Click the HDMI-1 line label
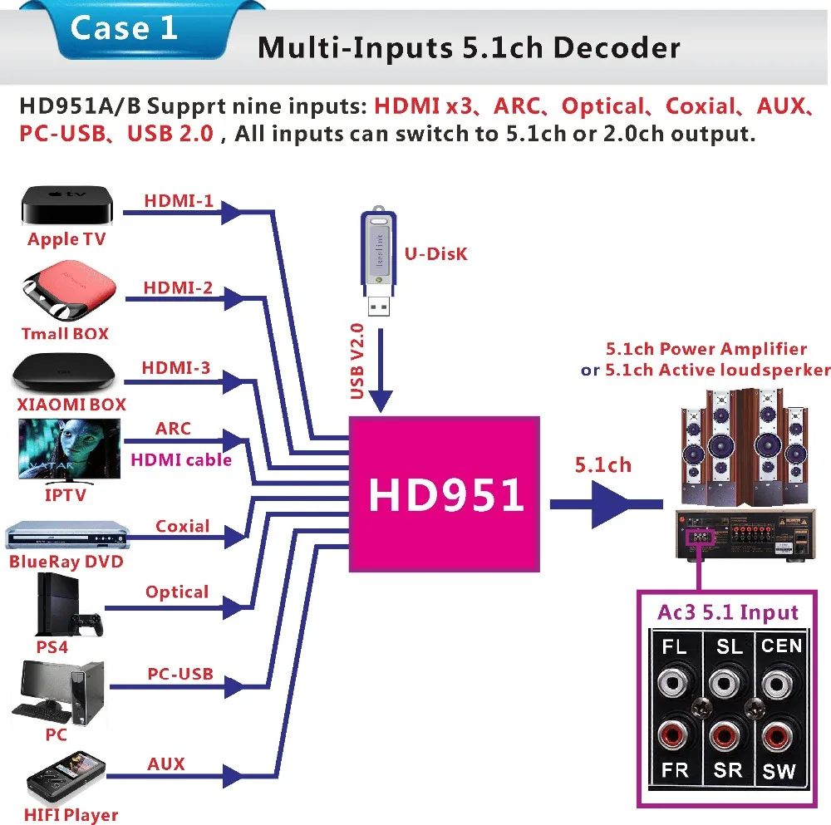179,201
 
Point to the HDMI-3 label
176,367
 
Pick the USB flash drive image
376,266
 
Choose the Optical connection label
177,592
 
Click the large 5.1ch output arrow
605,503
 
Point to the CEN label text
781,646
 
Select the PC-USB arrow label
180,674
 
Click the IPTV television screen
70,449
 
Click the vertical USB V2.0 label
358,361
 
